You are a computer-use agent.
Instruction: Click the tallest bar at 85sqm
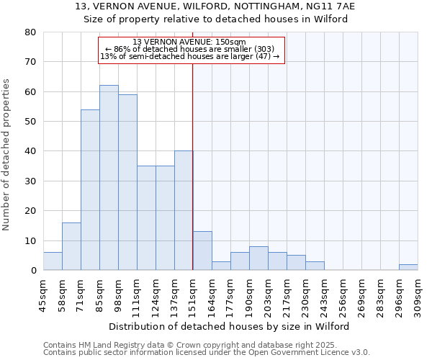click(x=109, y=178)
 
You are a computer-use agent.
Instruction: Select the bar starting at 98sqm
click(x=127, y=182)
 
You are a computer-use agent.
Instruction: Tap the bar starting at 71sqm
click(x=90, y=190)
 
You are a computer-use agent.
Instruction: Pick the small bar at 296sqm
click(x=408, y=267)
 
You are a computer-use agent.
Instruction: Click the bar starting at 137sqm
click(x=184, y=210)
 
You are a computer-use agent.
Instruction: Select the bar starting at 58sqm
click(x=71, y=246)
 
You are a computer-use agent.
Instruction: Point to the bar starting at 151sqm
click(x=202, y=251)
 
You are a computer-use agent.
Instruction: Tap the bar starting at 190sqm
click(x=258, y=258)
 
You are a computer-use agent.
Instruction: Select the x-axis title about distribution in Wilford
click(x=230, y=326)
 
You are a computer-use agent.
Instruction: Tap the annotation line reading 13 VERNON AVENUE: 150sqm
click(x=190, y=42)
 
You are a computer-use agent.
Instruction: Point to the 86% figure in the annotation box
click(x=120, y=49)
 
